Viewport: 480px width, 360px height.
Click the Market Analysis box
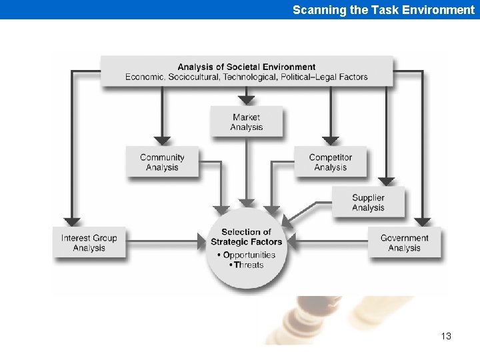pos(247,123)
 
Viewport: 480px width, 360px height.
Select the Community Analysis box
pos(162,163)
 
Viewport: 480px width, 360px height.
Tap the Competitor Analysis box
pos(330,163)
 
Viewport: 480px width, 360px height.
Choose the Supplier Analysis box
pos(368,203)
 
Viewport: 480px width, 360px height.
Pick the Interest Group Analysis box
pos(89,243)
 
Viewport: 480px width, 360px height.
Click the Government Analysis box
pos(404,243)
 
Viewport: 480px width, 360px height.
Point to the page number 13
pos(446,336)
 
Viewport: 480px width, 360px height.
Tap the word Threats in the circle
pos(249,265)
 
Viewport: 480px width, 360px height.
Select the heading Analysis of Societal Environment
pos(247,67)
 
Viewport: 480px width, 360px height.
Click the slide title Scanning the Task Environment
pos(383,10)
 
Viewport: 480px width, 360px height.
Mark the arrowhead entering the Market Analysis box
pos(247,100)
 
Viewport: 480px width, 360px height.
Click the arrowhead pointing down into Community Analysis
pos(162,141)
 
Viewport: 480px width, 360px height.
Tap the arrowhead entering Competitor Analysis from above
pos(331,141)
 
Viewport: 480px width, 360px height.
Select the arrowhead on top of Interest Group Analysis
pos(72,222)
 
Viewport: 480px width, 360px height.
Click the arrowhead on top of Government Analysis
pos(422,222)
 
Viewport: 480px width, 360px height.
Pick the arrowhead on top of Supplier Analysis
pos(386,181)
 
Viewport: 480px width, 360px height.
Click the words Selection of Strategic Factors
pos(247,237)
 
